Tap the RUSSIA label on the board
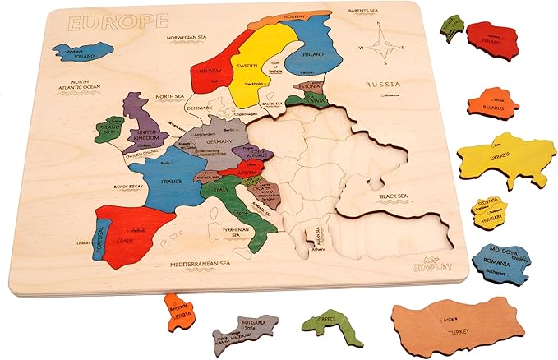[x=384, y=85]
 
